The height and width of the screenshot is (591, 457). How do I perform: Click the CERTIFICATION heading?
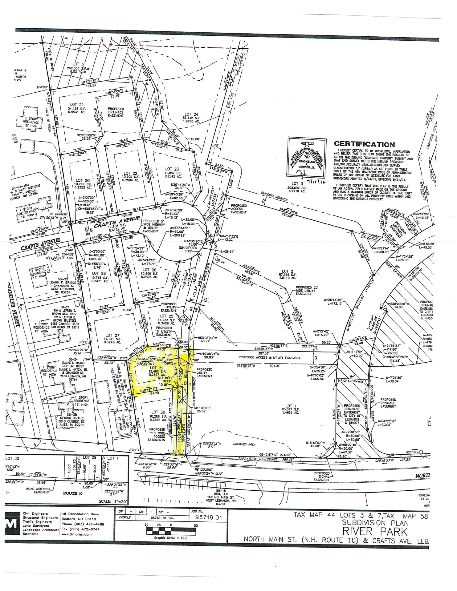tap(364, 144)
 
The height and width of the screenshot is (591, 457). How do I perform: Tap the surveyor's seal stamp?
tap(307, 158)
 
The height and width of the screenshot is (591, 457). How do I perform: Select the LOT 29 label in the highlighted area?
tap(157, 368)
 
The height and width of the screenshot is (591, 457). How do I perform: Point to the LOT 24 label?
tap(191, 114)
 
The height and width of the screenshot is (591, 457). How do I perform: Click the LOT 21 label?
tap(77, 105)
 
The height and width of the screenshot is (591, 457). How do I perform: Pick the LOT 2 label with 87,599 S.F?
tap(285, 271)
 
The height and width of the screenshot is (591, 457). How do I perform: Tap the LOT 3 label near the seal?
tap(295, 184)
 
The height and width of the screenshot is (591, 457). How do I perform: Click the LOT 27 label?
tap(113, 336)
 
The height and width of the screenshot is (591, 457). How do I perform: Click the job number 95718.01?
tap(209, 517)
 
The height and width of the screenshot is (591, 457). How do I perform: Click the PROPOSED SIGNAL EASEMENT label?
tap(321, 476)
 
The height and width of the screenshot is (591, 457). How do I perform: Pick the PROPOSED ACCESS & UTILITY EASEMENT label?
tap(270, 358)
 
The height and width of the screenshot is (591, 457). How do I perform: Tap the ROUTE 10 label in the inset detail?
tap(70, 493)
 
